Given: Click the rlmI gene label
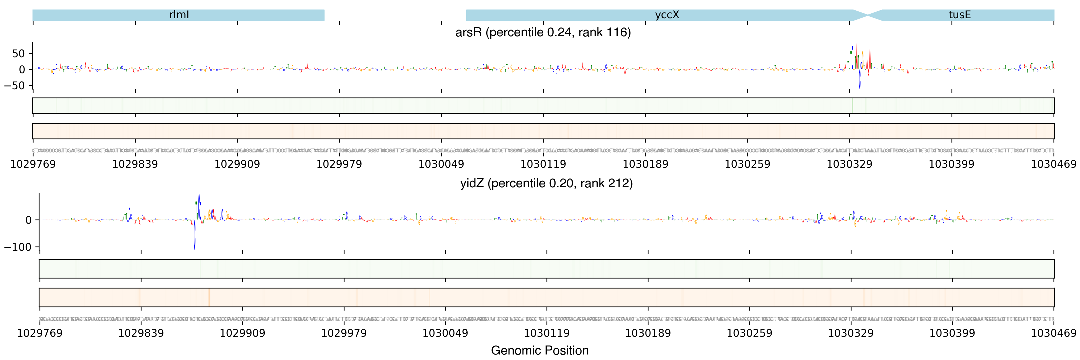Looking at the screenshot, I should tap(179, 15).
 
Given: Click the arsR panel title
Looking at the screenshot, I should tap(543, 32).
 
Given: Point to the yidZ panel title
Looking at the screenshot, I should tap(546, 183).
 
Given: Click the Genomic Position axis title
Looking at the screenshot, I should tap(539, 350).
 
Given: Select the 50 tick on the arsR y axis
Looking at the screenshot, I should tap(18, 54).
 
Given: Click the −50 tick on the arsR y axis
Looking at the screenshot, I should tap(15, 85).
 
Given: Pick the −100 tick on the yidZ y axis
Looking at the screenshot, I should tap(17, 247).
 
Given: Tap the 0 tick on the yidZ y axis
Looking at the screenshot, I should tap(28, 220).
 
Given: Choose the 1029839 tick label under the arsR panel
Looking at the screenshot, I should tap(135, 164).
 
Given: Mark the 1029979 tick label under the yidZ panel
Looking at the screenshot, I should tap(344, 333).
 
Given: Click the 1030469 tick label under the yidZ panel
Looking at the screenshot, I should tap(1053, 333).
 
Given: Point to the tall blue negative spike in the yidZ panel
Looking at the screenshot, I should tap(194, 239).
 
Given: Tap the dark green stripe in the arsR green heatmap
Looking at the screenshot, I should tap(852, 105).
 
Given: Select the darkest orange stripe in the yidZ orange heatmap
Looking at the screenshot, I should tap(209, 297).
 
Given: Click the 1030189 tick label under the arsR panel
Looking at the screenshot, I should tap(645, 164).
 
